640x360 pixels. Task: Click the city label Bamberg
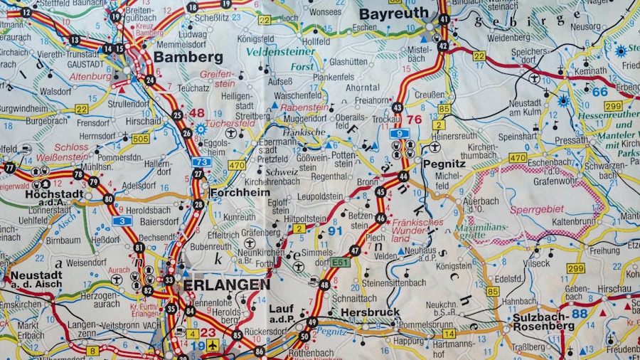188,57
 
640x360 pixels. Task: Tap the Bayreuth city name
393,14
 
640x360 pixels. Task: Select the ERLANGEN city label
226,285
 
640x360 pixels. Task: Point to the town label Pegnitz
444,163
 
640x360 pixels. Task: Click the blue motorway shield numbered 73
201,162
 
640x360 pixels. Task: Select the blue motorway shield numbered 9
400,133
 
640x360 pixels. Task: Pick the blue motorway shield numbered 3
122,221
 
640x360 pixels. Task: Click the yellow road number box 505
140,138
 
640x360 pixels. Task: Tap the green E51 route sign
340,262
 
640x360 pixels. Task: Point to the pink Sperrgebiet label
537,209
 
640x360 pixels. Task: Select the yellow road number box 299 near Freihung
575,268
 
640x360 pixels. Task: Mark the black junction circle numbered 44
403,176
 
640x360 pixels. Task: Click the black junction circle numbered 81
139,247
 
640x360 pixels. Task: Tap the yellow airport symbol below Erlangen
212,345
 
